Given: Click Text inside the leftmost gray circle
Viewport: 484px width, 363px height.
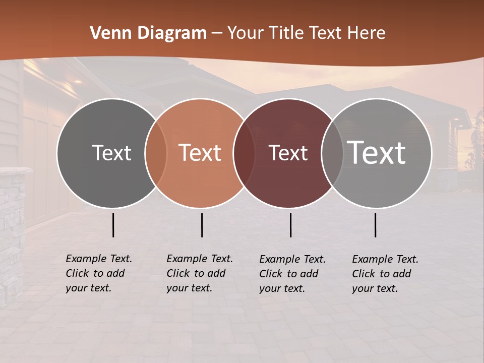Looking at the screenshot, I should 111,153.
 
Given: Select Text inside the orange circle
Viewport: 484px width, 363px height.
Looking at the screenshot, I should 200,153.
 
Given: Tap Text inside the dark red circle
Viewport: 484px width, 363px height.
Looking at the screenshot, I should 288,153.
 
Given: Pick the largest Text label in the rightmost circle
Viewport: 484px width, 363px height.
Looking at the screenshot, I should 377,153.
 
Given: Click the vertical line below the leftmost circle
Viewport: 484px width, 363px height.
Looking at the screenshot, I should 113,225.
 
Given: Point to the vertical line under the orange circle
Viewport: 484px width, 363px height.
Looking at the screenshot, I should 202,225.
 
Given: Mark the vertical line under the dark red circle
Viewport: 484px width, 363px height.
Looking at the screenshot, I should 290,225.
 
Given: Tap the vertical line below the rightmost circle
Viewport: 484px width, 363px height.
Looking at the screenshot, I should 376,225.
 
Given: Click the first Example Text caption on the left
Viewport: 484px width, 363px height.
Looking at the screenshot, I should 99,274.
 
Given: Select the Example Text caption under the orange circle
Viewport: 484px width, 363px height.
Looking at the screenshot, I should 200,274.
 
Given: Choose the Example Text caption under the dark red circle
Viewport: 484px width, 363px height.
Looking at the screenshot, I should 292,274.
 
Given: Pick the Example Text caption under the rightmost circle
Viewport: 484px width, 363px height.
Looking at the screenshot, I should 385,274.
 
